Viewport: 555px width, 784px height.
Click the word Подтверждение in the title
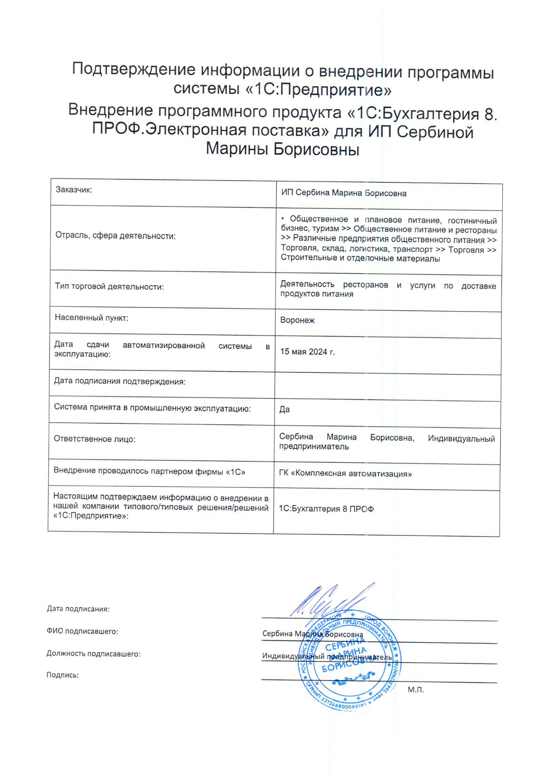point(134,70)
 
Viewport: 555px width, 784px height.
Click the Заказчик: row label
point(74,190)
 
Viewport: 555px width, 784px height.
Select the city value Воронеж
point(297,320)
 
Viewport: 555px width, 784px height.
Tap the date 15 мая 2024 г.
point(307,352)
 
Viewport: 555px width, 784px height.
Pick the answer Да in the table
point(284,409)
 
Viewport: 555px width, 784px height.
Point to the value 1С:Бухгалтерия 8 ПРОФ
point(326,509)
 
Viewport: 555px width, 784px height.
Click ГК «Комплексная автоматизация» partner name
point(345,473)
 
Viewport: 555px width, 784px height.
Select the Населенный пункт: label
point(91,318)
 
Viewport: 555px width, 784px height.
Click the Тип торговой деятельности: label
point(109,287)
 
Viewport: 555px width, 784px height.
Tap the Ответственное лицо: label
point(94,439)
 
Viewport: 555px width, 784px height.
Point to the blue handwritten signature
point(331,601)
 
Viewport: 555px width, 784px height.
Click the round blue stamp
point(349,661)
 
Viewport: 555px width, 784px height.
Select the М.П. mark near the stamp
point(415,690)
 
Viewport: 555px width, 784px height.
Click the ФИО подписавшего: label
point(82,631)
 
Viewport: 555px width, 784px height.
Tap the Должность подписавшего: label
point(93,653)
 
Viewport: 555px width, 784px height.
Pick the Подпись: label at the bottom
point(63,675)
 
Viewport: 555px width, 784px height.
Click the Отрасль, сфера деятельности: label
point(115,236)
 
